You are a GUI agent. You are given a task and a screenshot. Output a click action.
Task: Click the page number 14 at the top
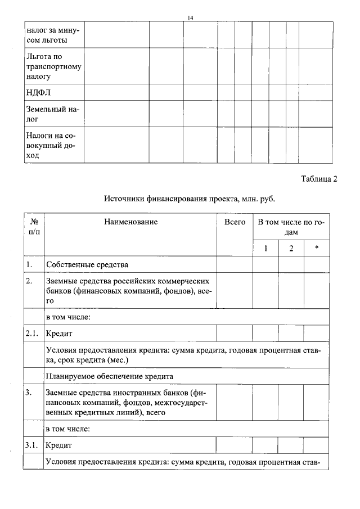point(190,18)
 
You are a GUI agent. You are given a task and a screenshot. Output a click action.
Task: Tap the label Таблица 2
point(319,179)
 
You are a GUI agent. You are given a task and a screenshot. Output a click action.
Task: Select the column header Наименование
point(130,222)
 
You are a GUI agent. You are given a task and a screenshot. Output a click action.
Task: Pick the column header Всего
point(235,222)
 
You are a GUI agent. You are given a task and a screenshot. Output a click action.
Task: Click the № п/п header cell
point(34,227)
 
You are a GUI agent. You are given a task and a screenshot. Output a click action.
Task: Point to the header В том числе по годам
point(291,227)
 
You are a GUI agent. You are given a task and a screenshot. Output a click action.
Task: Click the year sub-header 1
point(265,249)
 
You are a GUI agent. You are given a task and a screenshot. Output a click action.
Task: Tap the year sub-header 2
point(291,249)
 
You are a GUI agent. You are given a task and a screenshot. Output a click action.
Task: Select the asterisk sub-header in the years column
point(317,249)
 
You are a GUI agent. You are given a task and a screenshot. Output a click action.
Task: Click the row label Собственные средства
point(87,264)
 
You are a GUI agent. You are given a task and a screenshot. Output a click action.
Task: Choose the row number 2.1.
point(31,334)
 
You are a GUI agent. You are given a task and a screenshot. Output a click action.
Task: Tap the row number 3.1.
point(31,445)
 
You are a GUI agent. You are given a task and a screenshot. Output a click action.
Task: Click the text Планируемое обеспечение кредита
point(110,376)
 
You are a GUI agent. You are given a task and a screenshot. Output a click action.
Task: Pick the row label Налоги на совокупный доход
point(50,146)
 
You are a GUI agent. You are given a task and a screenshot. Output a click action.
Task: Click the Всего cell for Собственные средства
point(235,264)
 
